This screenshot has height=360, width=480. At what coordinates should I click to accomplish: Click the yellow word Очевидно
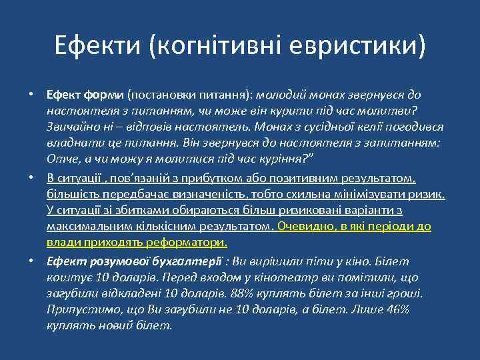click(305, 226)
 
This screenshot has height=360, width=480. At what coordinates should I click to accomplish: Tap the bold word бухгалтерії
click(189, 261)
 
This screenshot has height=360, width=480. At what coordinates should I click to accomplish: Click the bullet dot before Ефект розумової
click(31, 261)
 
